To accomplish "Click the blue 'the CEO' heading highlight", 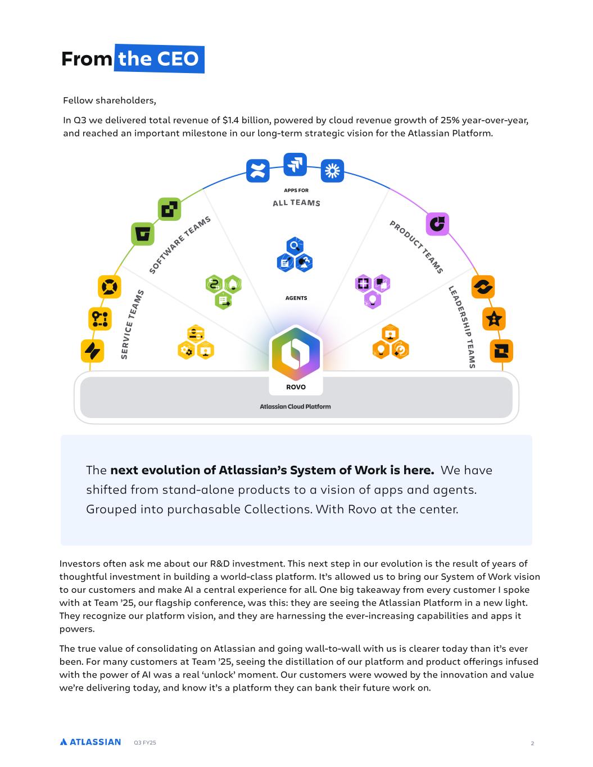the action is pos(159,58).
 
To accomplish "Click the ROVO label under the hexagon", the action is pos(296,387).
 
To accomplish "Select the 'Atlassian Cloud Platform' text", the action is pos(296,406).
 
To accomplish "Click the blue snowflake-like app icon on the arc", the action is pos(332,171).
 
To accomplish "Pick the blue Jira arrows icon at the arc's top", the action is pos(295,164).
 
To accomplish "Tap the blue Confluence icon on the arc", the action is pos(257,171).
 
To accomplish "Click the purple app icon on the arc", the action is pos(437,224).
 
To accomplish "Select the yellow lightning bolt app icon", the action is pos(93,351).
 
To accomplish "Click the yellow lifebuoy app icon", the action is pos(110,287).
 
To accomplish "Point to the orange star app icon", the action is pos(494,319).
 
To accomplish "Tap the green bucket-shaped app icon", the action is pos(143,234).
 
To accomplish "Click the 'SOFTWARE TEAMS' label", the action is pos(180,244).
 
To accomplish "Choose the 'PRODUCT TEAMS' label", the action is pos(416,247).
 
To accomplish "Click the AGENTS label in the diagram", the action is pos(296,298).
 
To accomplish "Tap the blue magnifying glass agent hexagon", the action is pos(295,246).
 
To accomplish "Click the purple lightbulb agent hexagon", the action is pos(373,300).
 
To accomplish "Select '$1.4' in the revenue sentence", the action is pos(230,120).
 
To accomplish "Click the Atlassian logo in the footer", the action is pos(90,742).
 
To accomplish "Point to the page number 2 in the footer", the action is pos(532,743).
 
